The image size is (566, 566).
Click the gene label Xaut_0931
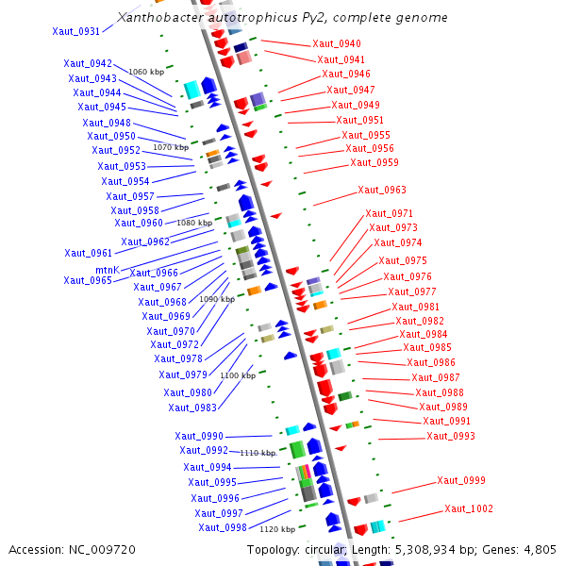[x=75, y=31]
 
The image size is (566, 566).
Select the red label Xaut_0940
[x=336, y=44]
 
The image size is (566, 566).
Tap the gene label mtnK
[x=107, y=270]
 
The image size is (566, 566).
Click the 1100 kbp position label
[x=238, y=375]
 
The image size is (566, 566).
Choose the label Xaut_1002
[x=469, y=509]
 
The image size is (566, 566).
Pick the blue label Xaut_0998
[x=223, y=527]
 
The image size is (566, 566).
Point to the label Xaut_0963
[x=382, y=190]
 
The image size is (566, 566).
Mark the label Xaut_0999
[x=461, y=481]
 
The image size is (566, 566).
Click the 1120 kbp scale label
[x=277, y=530]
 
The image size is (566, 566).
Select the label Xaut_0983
[x=192, y=408]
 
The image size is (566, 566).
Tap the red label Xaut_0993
[x=451, y=436]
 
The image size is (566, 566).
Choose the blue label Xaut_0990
[x=199, y=436]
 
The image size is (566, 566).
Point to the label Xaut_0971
[x=389, y=213]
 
